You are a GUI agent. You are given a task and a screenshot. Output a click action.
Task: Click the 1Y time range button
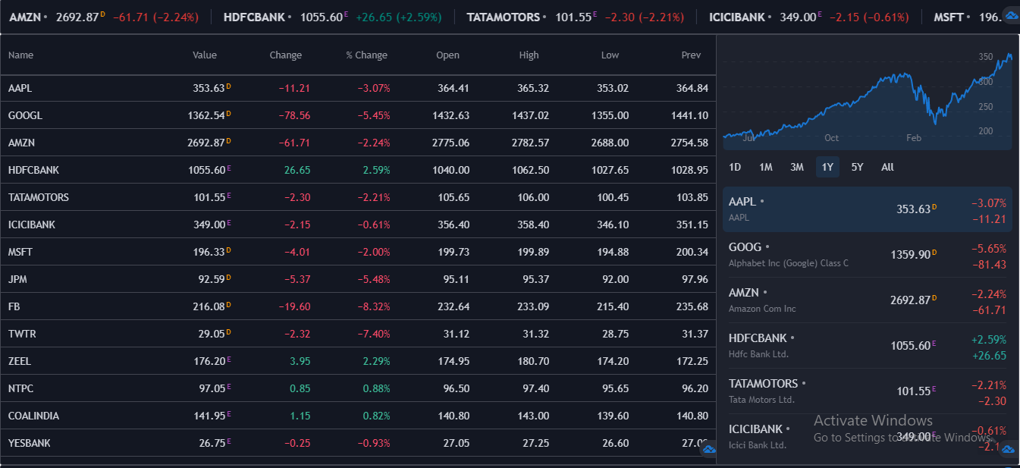827,167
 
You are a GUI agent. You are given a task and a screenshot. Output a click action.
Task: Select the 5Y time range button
857,167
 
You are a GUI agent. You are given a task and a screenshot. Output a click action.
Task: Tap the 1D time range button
735,167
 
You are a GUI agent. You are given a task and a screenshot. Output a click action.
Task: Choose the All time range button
887,167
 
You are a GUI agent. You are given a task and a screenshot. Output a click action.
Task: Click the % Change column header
366,55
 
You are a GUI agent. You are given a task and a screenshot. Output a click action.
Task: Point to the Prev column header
691,55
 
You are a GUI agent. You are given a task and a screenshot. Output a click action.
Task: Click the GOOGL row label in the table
25,115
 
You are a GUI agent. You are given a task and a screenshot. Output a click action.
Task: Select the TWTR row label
22,334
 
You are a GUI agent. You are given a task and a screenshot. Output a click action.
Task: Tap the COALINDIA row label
33,416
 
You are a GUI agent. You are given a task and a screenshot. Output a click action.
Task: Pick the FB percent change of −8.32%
374,306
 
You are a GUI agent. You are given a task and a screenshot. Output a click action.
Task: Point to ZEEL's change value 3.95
300,361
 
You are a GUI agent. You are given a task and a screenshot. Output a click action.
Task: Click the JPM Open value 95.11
456,279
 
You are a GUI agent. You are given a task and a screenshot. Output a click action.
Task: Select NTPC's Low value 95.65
615,388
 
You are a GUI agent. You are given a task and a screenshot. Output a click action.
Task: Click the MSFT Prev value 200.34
692,252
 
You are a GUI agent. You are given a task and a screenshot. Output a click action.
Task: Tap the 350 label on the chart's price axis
985,57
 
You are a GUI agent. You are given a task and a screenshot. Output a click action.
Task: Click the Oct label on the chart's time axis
831,138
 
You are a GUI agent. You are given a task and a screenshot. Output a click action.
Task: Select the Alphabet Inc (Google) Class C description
789,263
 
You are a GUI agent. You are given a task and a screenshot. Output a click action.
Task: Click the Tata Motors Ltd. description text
761,400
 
